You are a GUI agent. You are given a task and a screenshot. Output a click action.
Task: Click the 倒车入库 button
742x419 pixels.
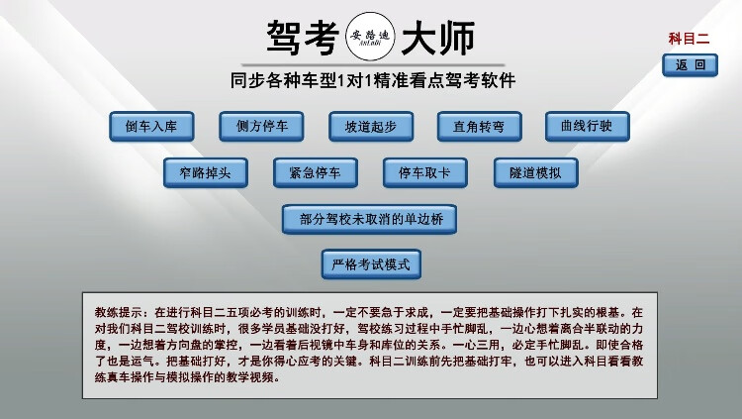tap(151, 127)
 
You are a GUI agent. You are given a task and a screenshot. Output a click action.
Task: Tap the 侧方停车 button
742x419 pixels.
tap(262, 127)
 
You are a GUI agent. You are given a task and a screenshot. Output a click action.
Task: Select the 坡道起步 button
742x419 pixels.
tap(371, 127)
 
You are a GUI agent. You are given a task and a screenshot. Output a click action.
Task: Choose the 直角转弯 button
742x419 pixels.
tap(480, 127)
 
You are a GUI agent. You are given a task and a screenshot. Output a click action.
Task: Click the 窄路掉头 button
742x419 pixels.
tap(206, 172)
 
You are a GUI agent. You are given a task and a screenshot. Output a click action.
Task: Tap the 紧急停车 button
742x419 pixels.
tap(316, 172)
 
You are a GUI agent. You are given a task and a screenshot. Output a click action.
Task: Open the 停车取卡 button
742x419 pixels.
tap(425, 172)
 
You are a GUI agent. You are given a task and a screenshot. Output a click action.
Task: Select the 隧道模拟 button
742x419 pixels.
tap(535, 172)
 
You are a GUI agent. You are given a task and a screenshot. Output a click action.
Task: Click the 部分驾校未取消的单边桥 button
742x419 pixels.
tap(369, 219)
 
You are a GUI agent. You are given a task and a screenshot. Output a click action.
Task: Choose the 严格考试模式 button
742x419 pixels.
tap(371, 264)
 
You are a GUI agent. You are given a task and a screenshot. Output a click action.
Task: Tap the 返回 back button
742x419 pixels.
tap(691, 65)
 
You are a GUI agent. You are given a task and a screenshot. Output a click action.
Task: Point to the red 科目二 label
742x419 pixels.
tap(690, 40)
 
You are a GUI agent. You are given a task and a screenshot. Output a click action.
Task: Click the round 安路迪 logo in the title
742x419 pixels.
tap(373, 38)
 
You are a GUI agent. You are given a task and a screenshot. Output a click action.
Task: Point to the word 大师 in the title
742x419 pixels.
tap(438, 38)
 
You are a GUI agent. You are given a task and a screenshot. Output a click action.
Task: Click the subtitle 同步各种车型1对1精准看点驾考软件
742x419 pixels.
tap(371, 81)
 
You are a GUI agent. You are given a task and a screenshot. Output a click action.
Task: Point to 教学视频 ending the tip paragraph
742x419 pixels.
tap(252, 377)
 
